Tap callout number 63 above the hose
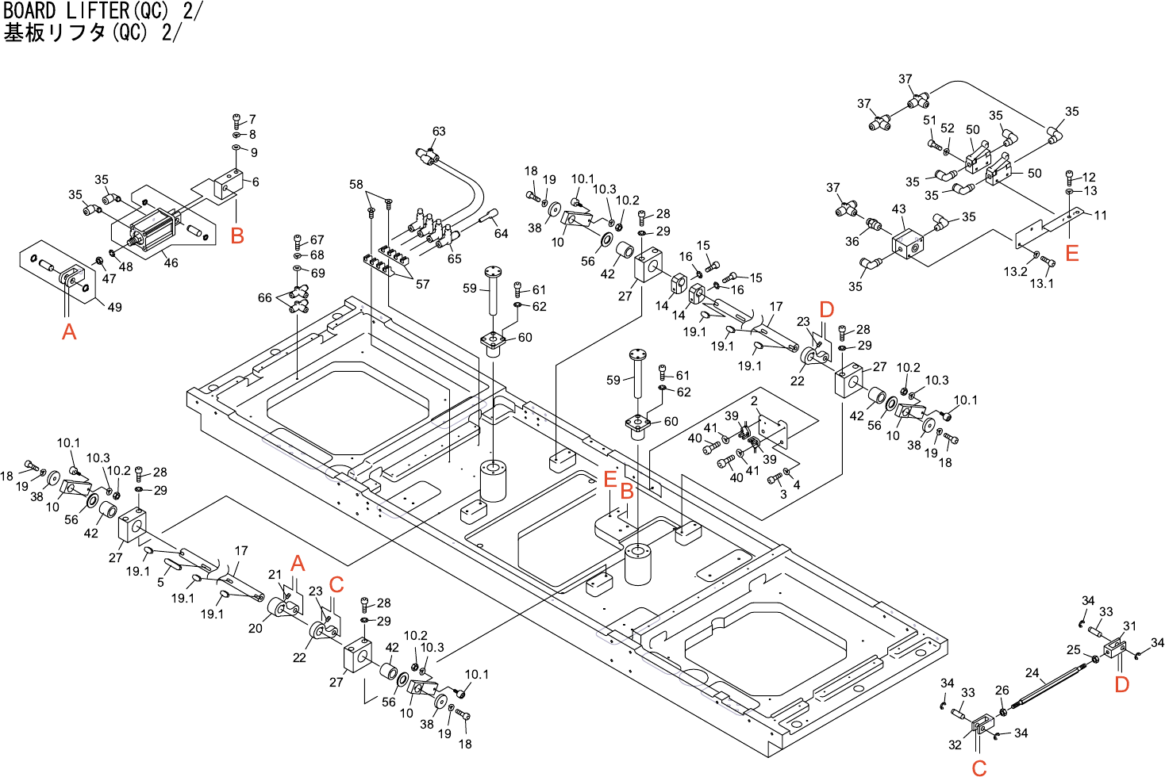439,132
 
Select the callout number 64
501,233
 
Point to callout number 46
171,262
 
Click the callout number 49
114,307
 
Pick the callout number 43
898,209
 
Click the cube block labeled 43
906,243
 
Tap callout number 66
264,298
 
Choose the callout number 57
422,284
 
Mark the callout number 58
356,185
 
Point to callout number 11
1100,215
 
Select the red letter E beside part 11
1072,253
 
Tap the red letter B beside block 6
236,235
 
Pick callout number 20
255,628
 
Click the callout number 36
852,241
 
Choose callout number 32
955,744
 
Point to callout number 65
454,258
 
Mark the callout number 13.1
1041,283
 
